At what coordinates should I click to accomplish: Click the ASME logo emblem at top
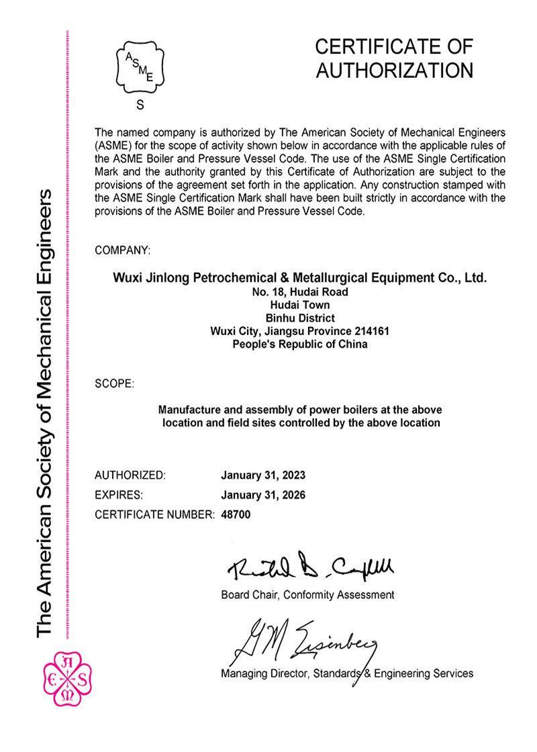[x=140, y=68]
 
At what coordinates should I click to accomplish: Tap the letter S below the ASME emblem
[x=140, y=105]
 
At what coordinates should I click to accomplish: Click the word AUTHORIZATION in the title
[x=394, y=70]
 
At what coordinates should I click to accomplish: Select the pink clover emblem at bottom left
[x=66, y=681]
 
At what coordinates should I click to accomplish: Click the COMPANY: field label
[x=122, y=250]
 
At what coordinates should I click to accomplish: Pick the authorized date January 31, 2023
[x=263, y=475]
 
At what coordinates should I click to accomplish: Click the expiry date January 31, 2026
[x=263, y=496]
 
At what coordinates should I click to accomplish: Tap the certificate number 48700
[x=235, y=515]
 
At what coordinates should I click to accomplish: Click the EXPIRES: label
[x=119, y=496]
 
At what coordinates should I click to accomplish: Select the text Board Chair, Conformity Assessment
[x=307, y=595]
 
